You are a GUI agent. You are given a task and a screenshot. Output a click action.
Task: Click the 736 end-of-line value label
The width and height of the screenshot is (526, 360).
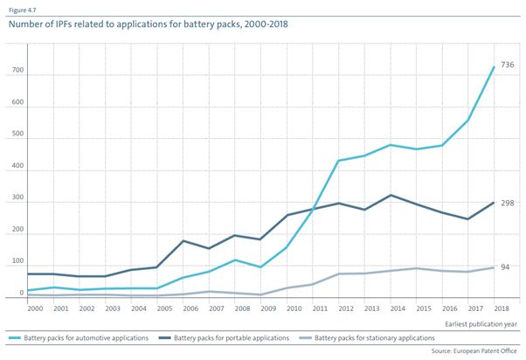(508, 66)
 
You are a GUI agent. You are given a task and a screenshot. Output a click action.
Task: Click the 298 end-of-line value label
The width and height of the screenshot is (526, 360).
(508, 203)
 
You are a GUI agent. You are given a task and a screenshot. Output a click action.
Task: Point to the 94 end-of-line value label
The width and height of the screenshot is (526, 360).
(506, 267)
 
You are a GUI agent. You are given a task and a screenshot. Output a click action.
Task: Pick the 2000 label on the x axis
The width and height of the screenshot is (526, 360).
(36, 309)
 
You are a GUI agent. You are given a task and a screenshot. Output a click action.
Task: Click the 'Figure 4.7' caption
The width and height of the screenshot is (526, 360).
(25, 9)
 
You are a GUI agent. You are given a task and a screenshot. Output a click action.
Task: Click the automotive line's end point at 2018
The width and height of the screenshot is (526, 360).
(495, 67)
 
